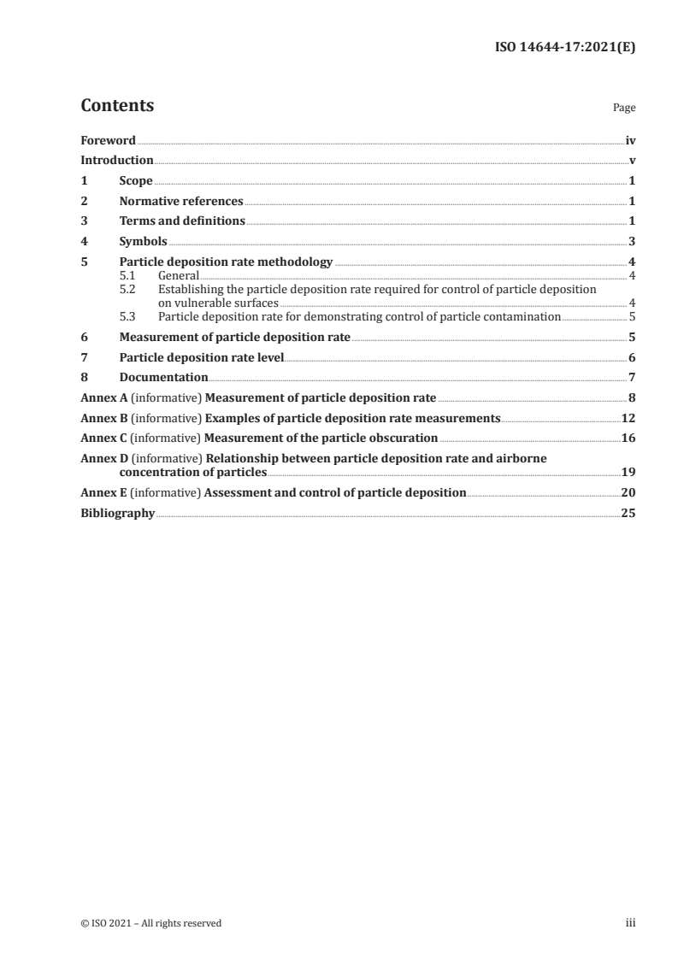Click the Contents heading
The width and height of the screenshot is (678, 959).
tap(117, 107)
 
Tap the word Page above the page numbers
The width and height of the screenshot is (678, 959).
tap(624, 109)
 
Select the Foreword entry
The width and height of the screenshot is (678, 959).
tap(108, 140)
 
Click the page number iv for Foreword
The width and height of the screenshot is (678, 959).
tap(630, 140)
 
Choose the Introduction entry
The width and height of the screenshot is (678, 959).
tap(117, 161)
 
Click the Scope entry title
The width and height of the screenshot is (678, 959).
tap(136, 181)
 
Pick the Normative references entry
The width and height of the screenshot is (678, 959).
tap(181, 202)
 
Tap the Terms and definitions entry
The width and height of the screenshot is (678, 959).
tap(182, 221)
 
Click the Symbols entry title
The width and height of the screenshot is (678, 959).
tap(144, 242)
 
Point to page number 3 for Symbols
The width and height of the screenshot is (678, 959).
tap(632, 242)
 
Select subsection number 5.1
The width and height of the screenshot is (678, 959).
tap(127, 276)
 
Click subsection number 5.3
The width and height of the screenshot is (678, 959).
tap(127, 316)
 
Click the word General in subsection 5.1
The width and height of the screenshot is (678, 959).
tap(179, 276)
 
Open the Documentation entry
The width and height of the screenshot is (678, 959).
tap(164, 377)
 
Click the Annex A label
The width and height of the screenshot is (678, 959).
tap(100, 397)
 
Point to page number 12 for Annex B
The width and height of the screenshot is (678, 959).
tap(628, 418)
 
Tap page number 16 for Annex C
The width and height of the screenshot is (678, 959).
tap(628, 438)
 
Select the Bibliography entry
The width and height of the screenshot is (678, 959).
tap(117, 514)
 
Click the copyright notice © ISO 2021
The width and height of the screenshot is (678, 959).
tap(151, 923)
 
